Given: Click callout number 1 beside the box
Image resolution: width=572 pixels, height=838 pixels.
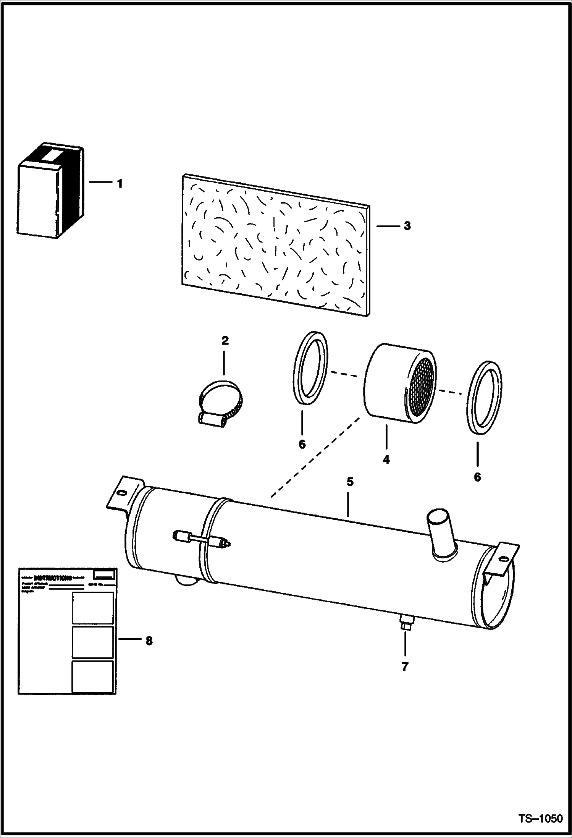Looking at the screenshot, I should (120, 184).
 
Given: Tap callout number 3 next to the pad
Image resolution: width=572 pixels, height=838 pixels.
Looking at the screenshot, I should (407, 226).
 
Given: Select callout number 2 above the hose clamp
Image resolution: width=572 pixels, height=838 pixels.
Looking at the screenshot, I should (225, 340).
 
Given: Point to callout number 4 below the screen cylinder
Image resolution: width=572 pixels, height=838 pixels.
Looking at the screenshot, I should (386, 460).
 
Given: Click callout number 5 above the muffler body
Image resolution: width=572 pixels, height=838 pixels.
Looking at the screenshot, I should (350, 482).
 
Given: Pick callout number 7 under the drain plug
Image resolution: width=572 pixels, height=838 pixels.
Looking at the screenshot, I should (405, 667).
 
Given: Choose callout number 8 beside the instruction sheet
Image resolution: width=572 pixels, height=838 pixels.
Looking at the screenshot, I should (149, 641).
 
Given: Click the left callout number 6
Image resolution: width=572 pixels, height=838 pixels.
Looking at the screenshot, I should (302, 444).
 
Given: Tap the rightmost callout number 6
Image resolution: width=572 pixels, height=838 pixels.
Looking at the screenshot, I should (477, 477).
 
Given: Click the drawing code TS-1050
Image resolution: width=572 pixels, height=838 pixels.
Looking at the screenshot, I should (540, 819).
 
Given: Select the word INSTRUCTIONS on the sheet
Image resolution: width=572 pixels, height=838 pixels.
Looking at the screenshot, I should (53, 577).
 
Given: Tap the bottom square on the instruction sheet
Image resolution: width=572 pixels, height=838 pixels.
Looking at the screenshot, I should (93, 676).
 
